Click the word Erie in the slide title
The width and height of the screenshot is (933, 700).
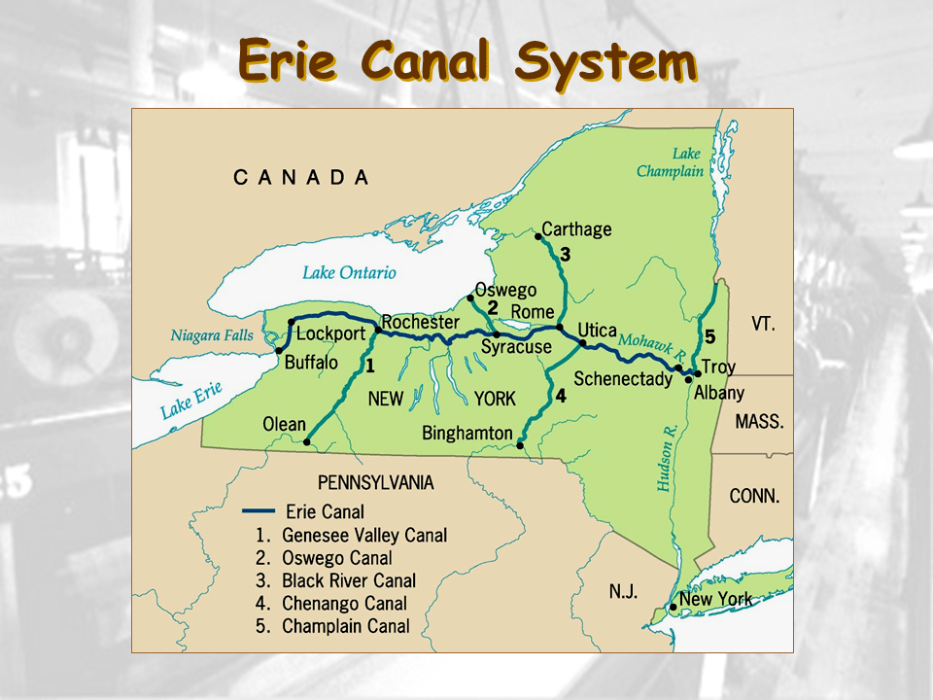[x=288, y=60]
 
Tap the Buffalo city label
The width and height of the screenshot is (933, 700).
[x=311, y=363]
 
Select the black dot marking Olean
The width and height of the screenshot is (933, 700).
[x=308, y=441]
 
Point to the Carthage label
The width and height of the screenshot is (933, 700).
[x=576, y=229]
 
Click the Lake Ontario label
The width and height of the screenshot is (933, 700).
[x=349, y=273]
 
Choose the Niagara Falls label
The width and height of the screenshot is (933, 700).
[x=212, y=336]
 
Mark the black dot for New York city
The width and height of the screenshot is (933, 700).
[x=674, y=607]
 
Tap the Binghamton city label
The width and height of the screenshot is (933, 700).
[x=467, y=433]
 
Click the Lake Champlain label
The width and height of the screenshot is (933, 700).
[x=670, y=162]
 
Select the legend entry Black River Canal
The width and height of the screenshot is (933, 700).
[x=348, y=580]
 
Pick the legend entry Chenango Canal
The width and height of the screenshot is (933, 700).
[x=344, y=604]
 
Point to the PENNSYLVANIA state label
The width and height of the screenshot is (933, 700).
[x=376, y=482]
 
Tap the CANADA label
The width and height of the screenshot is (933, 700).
[x=301, y=177]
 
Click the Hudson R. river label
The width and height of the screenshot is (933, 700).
[x=668, y=457]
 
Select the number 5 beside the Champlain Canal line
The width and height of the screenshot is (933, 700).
[x=710, y=337]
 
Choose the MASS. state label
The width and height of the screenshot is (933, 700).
[x=759, y=422]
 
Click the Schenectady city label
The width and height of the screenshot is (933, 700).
[x=623, y=379]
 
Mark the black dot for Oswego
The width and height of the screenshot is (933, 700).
[x=470, y=297]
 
